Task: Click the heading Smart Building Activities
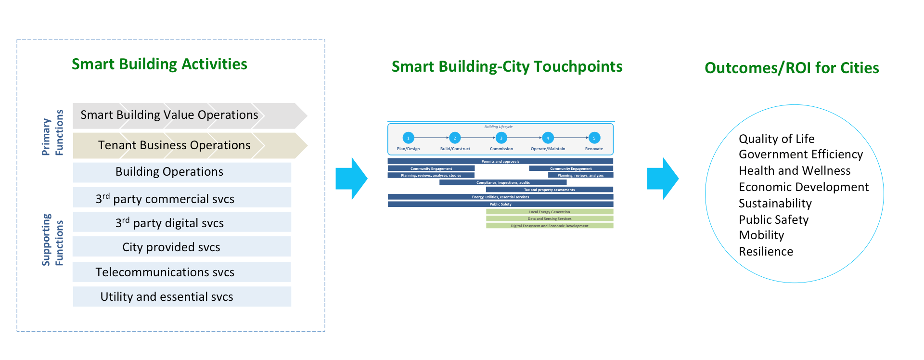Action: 159,64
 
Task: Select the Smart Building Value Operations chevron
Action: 169,115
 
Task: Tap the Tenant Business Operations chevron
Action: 174,145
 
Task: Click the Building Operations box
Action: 169,172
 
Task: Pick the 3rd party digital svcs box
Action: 169,223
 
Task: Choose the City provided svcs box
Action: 171,247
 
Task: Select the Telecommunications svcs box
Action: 165,272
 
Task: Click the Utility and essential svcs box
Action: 167,296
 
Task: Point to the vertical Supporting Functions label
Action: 52,240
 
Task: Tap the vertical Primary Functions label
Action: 52,132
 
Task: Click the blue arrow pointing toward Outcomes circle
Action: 662,179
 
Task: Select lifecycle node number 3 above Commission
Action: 501,138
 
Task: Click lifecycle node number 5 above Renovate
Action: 594,138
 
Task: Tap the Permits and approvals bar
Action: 500,161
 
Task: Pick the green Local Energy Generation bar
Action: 550,212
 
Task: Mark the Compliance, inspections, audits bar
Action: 503,182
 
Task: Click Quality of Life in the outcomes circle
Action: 776,139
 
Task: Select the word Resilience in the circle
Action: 766,252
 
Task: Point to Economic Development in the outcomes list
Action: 803,187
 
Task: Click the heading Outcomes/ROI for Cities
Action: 792,68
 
